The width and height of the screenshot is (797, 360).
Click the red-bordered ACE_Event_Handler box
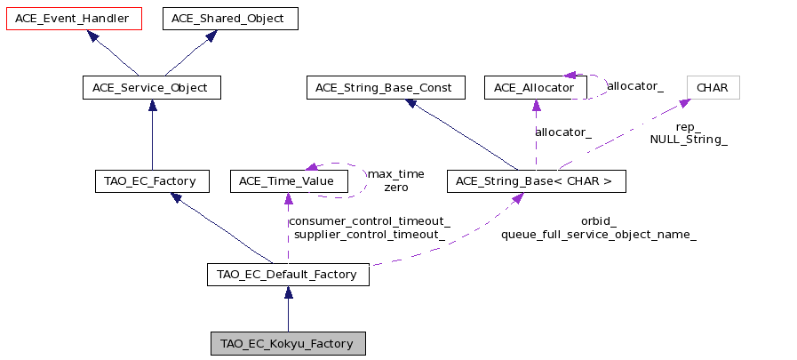74,19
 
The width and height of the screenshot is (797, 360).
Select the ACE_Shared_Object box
230,19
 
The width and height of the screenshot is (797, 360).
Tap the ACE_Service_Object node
152,88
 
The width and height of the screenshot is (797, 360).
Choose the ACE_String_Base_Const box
386,88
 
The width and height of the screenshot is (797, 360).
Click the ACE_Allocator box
536,88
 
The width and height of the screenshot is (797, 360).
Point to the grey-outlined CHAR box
713,88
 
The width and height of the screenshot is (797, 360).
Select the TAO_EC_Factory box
152,181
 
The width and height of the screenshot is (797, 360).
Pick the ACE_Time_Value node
289,181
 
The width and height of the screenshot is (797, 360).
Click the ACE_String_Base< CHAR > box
537,181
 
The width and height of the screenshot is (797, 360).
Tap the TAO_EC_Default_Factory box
288,275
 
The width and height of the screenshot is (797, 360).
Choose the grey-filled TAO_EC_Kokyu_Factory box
288,344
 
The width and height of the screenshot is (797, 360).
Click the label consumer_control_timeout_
370,221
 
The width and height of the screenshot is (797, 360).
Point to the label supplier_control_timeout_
370,235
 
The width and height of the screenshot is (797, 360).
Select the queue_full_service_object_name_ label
599,235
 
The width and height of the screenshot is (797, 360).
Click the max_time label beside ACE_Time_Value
396,174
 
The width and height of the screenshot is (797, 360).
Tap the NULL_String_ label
689,140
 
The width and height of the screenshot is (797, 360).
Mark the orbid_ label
599,221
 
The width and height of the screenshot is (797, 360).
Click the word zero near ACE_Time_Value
396,188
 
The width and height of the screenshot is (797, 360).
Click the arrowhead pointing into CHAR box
684,103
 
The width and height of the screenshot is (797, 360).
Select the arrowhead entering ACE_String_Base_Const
411,103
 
